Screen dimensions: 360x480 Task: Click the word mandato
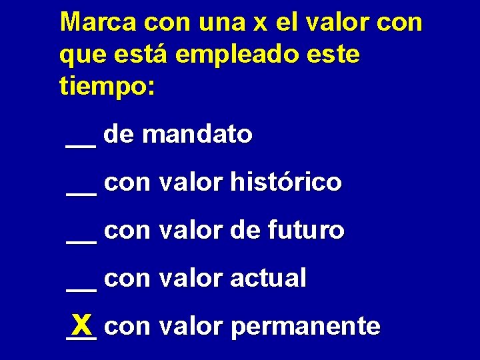coord(197,135)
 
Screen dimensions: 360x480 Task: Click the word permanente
coord(306,327)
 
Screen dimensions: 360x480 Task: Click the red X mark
coord(83,325)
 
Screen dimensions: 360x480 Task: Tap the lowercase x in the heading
coord(260,23)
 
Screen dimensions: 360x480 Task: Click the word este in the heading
coord(336,55)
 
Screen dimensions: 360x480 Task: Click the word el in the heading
coord(286,21)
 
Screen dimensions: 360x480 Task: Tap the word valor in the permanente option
coord(191,327)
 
